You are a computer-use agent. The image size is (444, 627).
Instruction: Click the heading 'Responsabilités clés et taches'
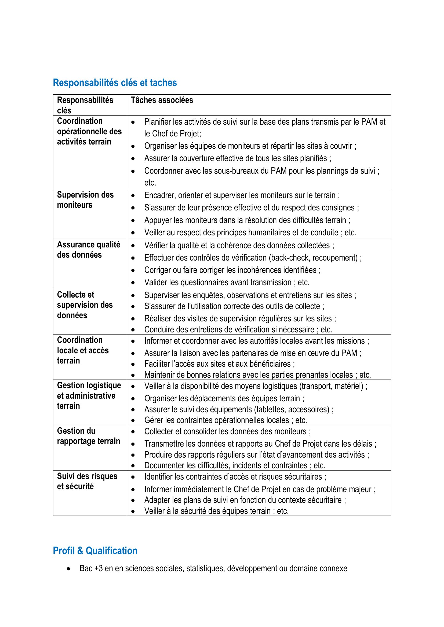click(x=115, y=83)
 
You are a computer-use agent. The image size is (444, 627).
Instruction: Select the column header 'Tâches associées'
click(x=162, y=100)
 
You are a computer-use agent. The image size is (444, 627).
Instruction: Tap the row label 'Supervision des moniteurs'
click(x=85, y=200)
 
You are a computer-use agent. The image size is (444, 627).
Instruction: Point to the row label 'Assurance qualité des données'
click(x=89, y=250)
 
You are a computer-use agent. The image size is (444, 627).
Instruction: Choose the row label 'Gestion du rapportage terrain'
click(x=89, y=436)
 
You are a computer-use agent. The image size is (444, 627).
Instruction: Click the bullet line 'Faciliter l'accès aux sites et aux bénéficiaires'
click(x=219, y=364)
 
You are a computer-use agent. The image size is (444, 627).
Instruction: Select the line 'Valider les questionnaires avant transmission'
click(x=218, y=282)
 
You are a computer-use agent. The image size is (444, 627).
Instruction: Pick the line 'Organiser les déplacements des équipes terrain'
click(x=222, y=398)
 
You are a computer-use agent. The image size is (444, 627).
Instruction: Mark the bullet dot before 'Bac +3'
click(x=69, y=569)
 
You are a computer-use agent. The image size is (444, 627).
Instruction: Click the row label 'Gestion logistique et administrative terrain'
click(x=89, y=395)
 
